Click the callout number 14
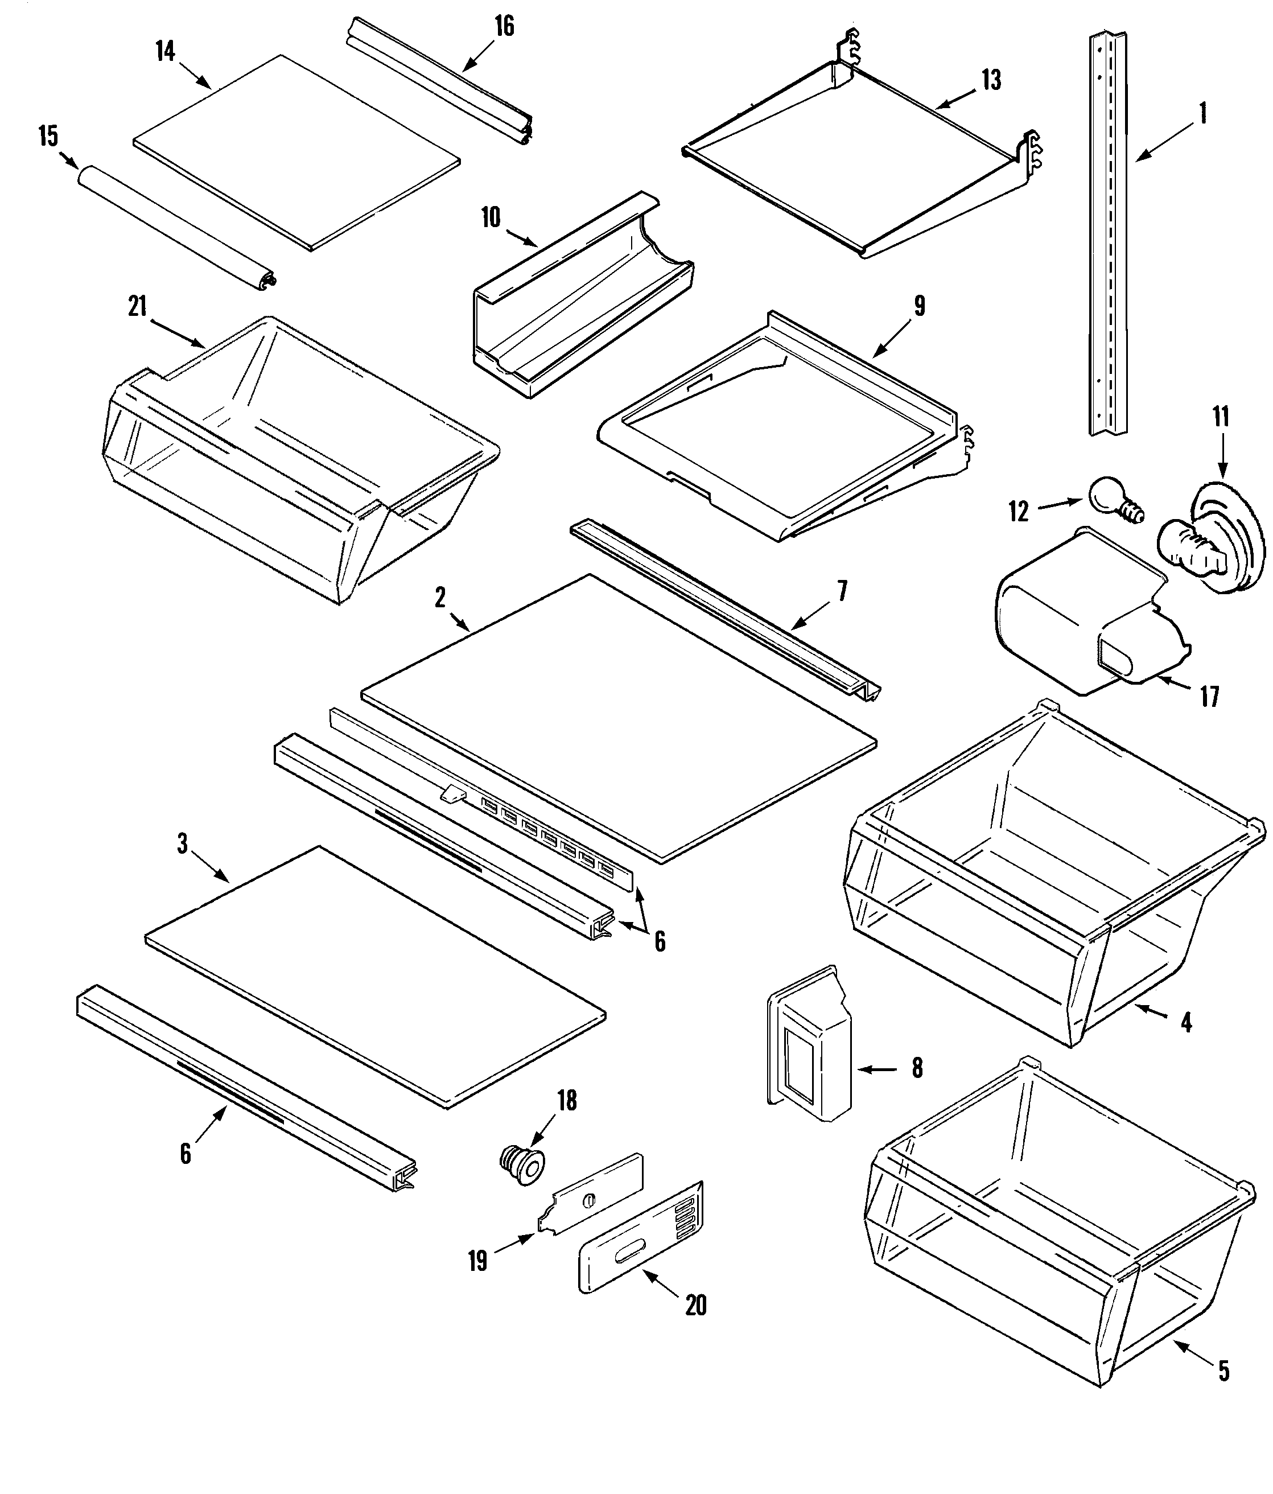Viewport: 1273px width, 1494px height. (165, 51)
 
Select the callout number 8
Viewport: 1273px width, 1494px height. (917, 1067)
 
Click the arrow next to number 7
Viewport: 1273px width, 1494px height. (811, 616)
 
